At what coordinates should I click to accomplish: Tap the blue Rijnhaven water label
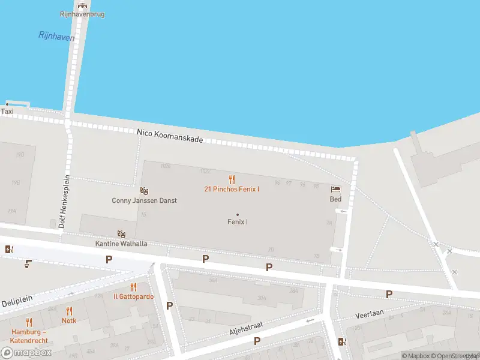(56, 37)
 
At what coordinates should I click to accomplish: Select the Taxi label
(7, 112)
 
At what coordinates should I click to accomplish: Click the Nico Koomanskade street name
(170, 136)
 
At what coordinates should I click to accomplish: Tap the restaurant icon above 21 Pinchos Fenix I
(232, 179)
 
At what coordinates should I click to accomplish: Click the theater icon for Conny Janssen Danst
(144, 190)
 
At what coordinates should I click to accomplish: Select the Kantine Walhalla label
(121, 244)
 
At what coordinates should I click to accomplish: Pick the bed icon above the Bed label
(335, 190)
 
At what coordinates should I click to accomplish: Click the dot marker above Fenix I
(238, 214)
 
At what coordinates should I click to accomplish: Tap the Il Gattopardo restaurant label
(133, 296)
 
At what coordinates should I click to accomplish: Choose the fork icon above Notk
(69, 311)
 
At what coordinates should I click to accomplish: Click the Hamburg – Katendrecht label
(28, 336)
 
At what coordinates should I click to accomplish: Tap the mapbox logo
(26, 353)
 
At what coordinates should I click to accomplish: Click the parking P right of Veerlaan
(389, 294)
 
